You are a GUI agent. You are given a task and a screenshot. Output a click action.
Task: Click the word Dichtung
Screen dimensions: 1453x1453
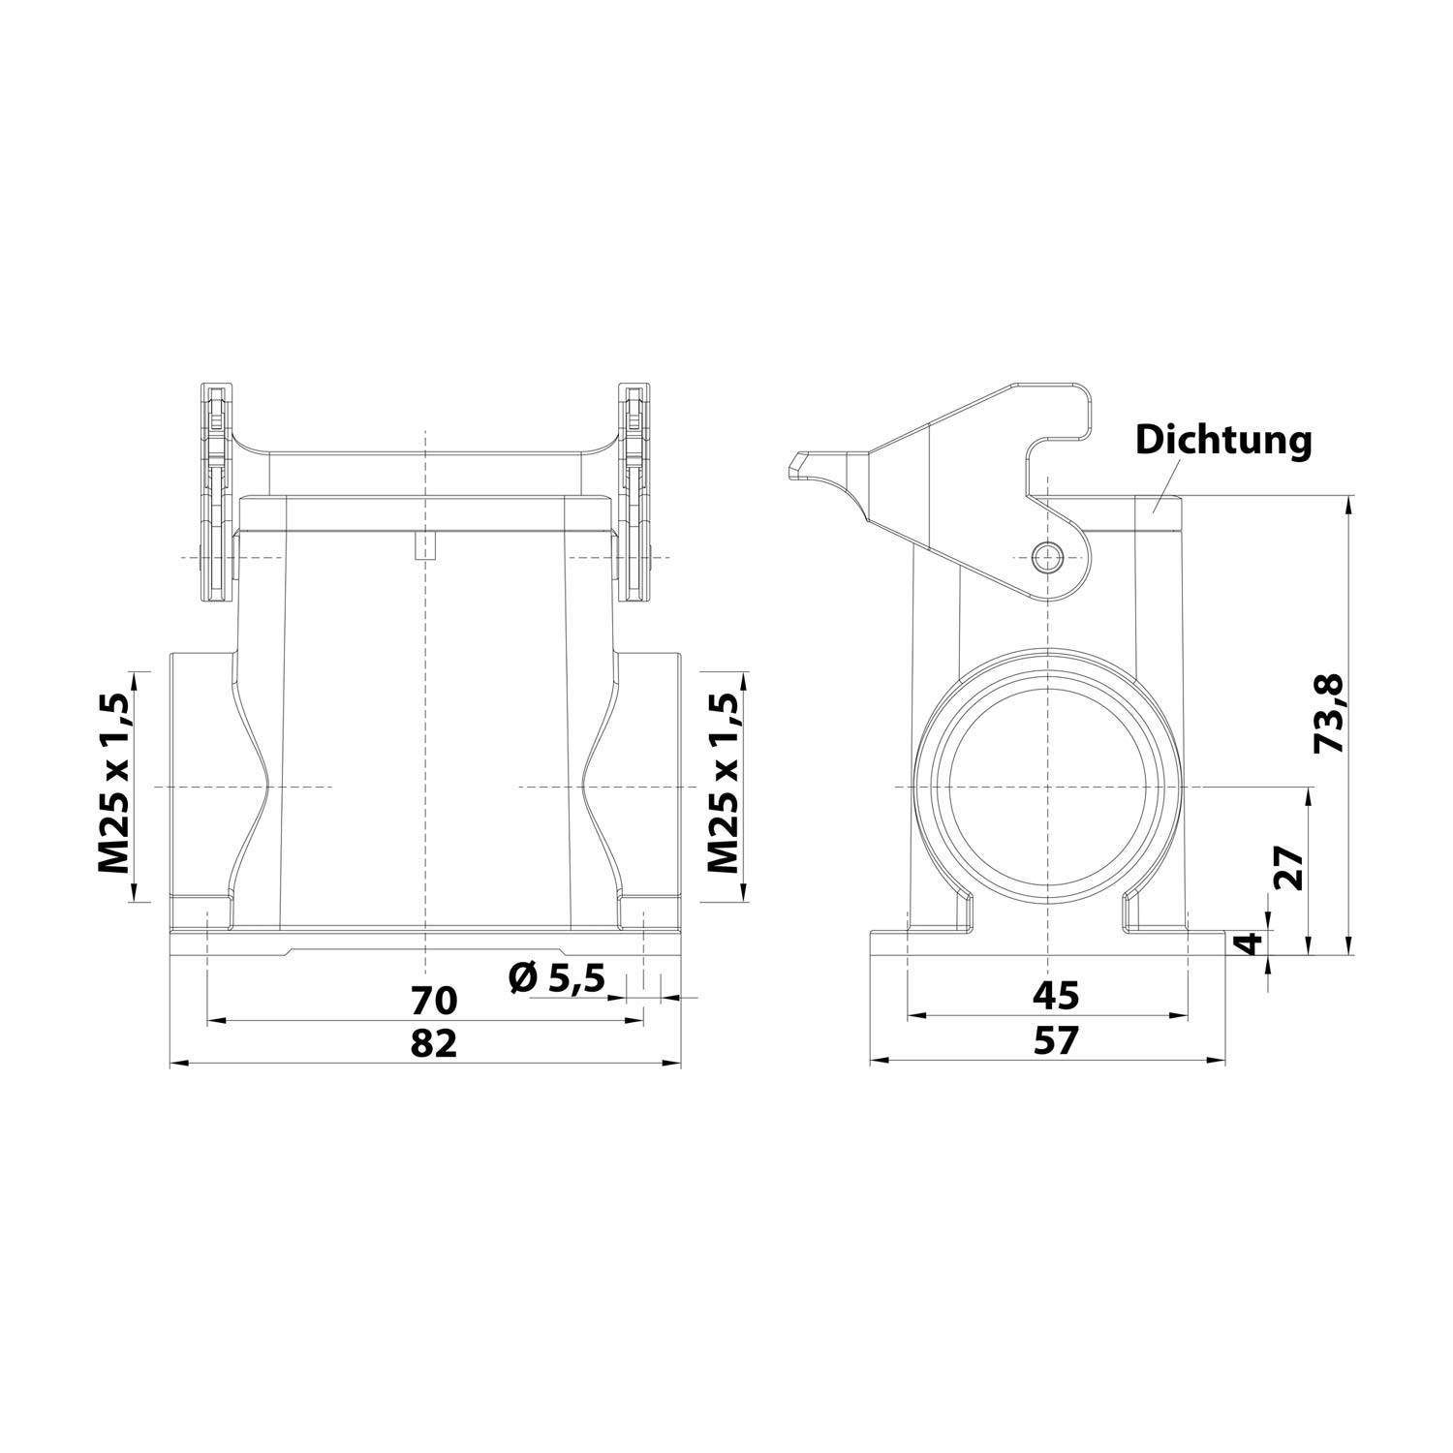pyautogui.click(x=1223, y=440)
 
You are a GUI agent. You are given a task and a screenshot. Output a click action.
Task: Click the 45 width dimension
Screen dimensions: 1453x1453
pyautogui.click(x=1055, y=994)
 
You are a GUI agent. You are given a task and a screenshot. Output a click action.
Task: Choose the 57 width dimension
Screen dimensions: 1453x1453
pyautogui.click(x=1055, y=1041)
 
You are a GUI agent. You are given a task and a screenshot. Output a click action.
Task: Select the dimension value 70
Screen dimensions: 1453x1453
pyautogui.click(x=433, y=998)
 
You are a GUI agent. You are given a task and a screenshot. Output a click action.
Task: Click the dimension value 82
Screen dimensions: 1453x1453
pyautogui.click(x=433, y=1043)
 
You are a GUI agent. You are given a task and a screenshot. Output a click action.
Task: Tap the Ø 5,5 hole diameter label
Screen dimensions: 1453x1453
pyautogui.click(x=557, y=978)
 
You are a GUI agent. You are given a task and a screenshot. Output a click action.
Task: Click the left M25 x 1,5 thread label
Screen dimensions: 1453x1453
pyautogui.click(x=113, y=784)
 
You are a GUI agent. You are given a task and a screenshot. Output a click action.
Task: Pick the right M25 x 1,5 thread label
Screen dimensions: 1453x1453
pyautogui.click(x=724, y=784)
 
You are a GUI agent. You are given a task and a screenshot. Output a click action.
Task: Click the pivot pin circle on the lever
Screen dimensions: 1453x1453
pyautogui.click(x=1047, y=557)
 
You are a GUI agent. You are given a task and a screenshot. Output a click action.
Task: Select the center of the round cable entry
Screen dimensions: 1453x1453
pyautogui.click(x=1047, y=787)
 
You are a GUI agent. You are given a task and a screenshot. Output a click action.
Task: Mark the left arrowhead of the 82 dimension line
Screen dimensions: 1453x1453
pyautogui.click(x=175, y=1064)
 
